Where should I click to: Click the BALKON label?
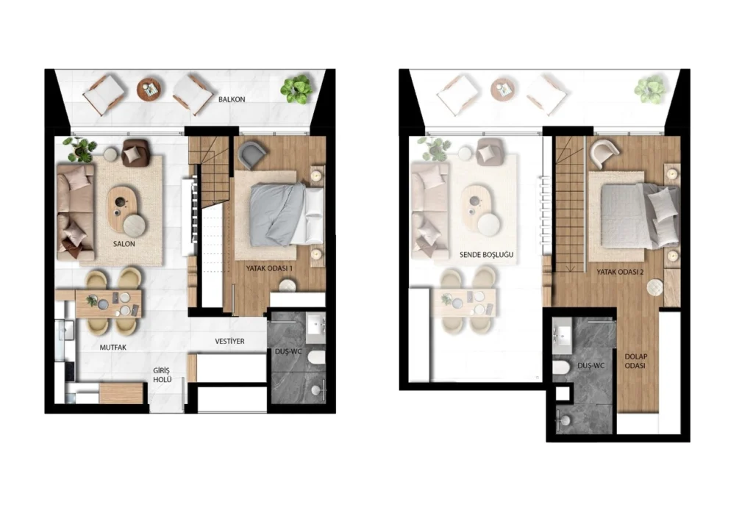pyautogui.click(x=231, y=99)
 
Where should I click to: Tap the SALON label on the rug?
pyautogui.click(x=124, y=243)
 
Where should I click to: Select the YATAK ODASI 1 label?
pyautogui.click(x=270, y=269)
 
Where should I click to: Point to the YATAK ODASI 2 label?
pyautogui.click(x=617, y=271)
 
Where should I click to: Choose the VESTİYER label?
pyautogui.click(x=229, y=342)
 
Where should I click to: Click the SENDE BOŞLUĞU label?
pyautogui.click(x=485, y=255)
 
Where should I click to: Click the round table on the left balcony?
pyautogui.click(x=149, y=89)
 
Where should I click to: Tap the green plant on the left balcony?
pyautogui.click(x=296, y=88)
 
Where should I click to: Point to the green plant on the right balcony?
pyautogui.click(x=650, y=89)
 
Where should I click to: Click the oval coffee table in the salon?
pyautogui.click(x=123, y=206)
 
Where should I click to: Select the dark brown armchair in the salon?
pyautogui.click(x=135, y=152)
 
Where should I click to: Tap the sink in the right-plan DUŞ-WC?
pyautogui.click(x=565, y=336)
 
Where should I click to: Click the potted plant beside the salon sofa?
pyautogui.click(x=78, y=148)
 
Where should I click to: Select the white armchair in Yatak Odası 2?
pyautogui.click(x=604, y=153)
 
